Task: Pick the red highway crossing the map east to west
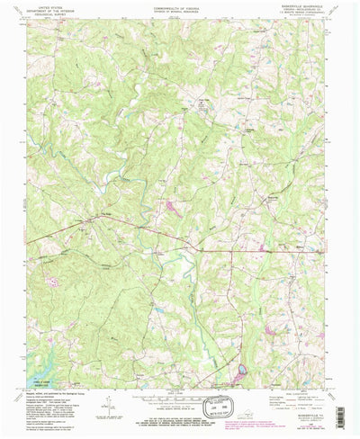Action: coord(225,249)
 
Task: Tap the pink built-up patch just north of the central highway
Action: coord(169,209)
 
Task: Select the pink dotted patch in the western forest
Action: coord(55,280)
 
